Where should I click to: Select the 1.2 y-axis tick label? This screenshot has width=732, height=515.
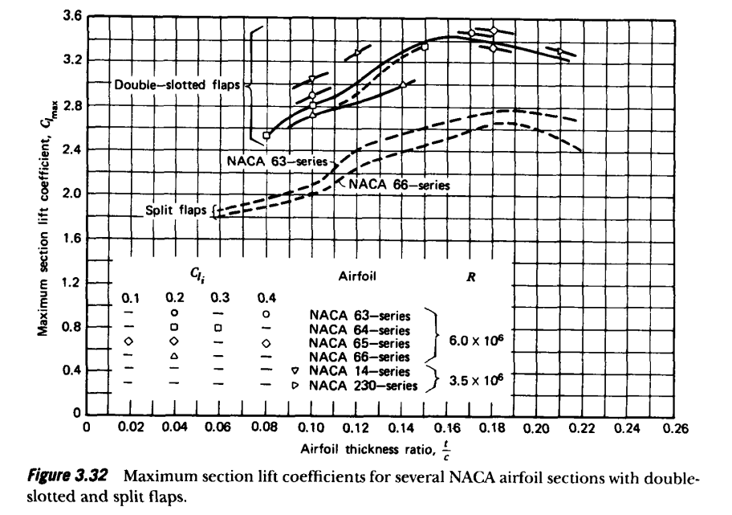click(71, 282)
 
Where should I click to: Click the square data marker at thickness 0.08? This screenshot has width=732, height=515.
click(267, 136)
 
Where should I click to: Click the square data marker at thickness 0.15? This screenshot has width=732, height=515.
click(425, 47)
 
